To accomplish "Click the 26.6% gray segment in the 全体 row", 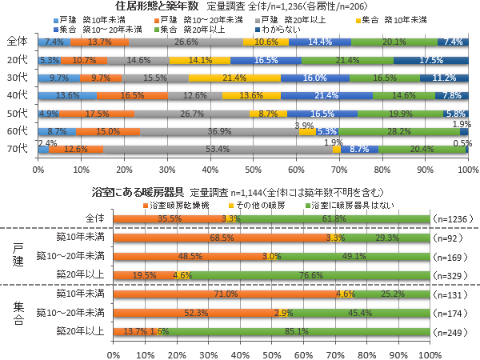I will [x=186, y=42].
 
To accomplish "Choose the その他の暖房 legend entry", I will [x=252, y=204].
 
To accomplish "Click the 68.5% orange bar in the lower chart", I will [x=222, y=238].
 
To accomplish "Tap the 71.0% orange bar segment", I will [x=226, y=294].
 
